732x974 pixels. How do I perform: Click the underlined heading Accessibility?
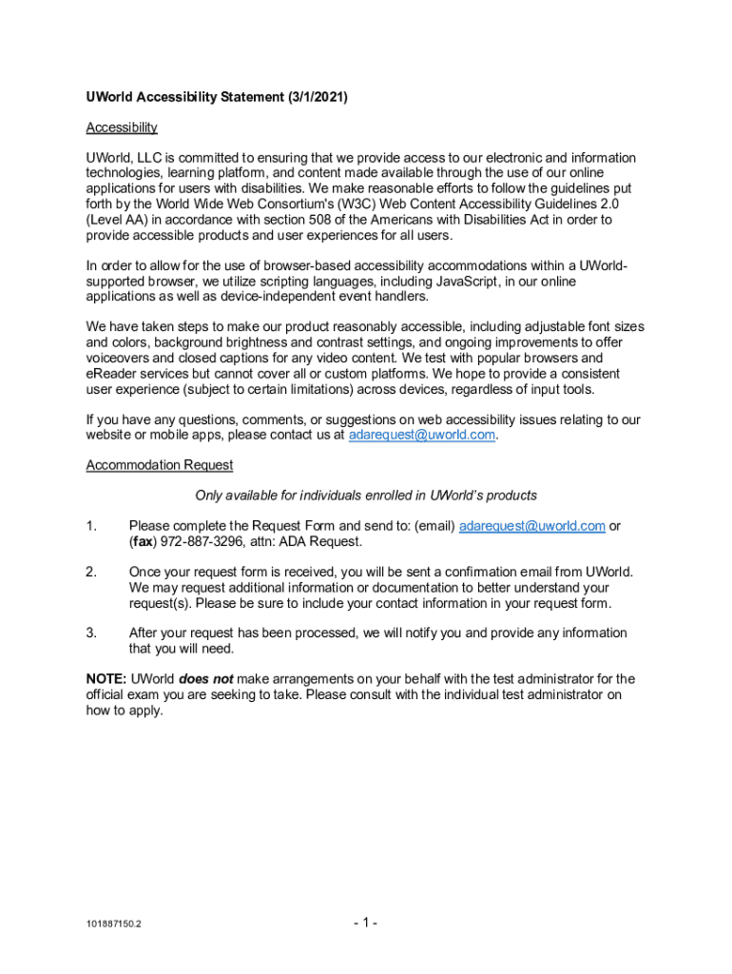point(122,127)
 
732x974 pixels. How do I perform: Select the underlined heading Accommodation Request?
point(160,465)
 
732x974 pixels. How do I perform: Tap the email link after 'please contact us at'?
point(423,435)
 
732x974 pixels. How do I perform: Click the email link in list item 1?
point(532,526)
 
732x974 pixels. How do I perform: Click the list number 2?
point(91,572)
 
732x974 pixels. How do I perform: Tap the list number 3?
point(91,633)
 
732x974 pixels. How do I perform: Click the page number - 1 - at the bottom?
point(366,923)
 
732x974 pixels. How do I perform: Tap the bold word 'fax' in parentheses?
point(144,541)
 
